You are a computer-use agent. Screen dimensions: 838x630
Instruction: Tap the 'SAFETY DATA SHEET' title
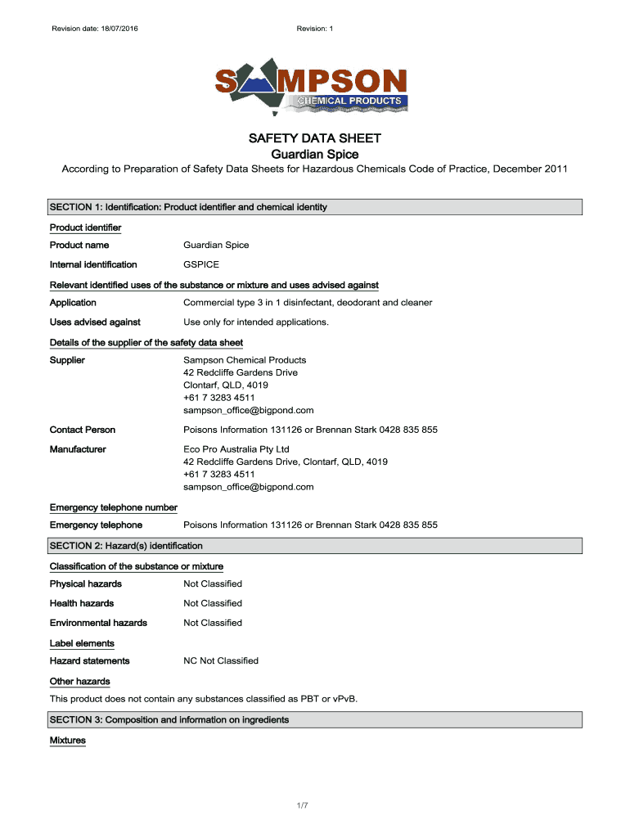tap(315, 138)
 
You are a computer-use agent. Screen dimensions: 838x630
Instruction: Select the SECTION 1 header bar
tap(315, 207)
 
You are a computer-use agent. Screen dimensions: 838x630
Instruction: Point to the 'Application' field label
tap(73, 303)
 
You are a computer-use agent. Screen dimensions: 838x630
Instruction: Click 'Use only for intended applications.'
tap(256, 322)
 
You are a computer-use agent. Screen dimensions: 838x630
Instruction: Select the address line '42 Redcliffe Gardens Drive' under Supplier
tap(241, 372)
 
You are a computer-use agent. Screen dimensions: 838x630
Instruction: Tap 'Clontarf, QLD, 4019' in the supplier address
tap(226, 385)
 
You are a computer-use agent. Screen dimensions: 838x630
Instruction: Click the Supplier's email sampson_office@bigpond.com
tap(249, 411)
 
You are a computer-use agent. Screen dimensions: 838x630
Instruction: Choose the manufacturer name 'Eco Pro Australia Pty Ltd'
tap(236, 449)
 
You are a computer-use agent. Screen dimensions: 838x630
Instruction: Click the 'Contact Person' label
tap(83, 430)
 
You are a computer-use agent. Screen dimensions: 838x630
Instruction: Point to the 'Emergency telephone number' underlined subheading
tap(114, 508)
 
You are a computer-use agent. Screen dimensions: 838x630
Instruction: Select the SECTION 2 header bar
tap(315, 546)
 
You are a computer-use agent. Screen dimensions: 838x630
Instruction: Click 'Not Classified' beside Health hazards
tap(213, 603)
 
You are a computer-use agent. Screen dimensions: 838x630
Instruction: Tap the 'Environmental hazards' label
tap(98, 623)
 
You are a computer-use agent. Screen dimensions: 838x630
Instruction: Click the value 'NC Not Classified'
tap(221, 660)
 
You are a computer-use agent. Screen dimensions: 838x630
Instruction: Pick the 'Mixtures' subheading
tap(68, 741)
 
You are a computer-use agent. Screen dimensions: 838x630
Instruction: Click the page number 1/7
tap(303, 807)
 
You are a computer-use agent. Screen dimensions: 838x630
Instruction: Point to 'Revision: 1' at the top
tap(315, 29)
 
